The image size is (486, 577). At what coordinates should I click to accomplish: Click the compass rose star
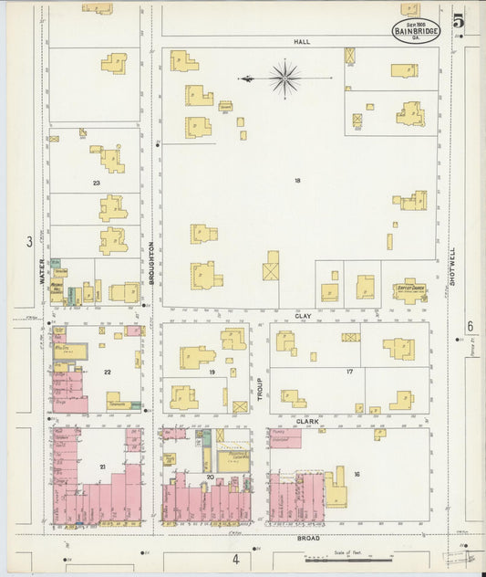284,79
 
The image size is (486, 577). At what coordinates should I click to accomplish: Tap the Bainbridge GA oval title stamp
416,30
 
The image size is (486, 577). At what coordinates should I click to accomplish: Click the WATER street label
42,271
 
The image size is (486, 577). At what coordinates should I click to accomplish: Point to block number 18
297,181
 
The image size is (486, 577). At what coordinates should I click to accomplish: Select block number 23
96,183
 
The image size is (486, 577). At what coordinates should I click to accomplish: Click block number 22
108,372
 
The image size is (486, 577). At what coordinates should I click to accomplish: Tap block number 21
103,467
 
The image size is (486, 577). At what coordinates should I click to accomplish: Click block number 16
357,474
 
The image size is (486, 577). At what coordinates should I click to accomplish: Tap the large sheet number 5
457,20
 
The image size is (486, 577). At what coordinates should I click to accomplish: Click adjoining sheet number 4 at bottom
234,558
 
